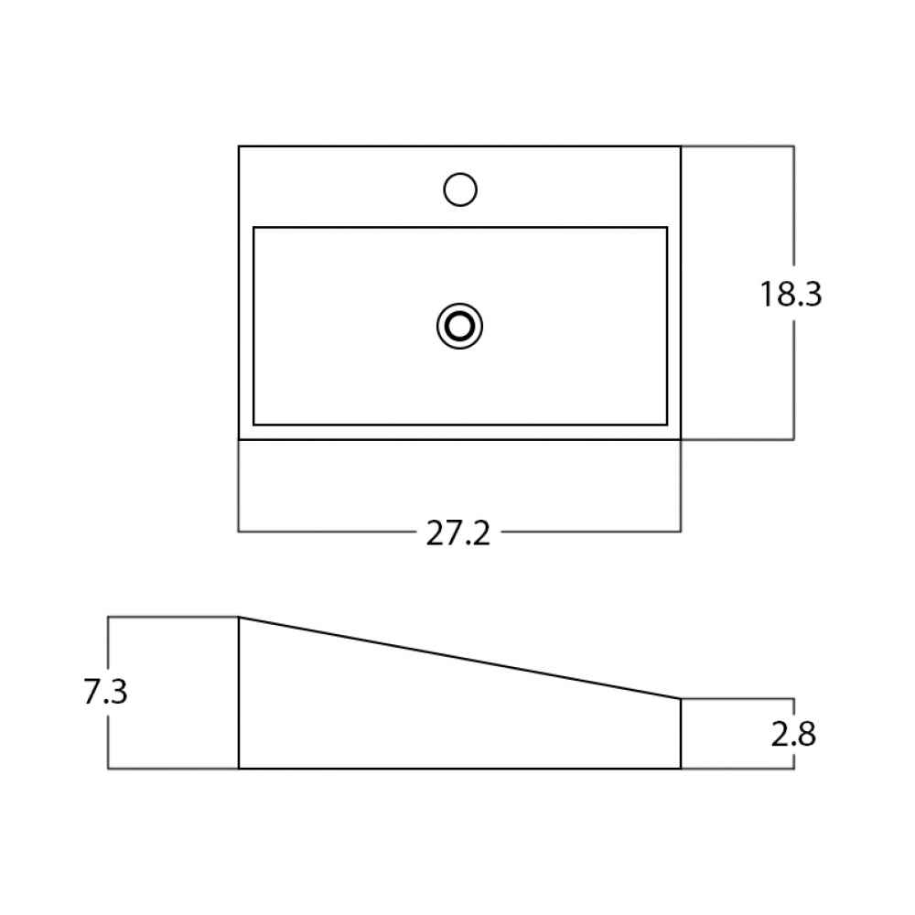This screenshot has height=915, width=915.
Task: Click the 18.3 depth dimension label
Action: click(791, 294)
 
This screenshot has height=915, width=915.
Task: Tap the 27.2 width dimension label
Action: click(458, 533)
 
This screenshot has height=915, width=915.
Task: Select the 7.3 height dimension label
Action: click(105, 692)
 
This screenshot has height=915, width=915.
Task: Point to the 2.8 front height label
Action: click(793, 734)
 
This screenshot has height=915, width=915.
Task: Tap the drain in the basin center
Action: click(460, 327)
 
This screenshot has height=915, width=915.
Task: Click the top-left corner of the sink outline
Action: click(239, 145)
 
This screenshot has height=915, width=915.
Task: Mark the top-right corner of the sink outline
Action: click(681, 145)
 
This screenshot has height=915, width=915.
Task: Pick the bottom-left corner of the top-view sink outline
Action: click(239, 439)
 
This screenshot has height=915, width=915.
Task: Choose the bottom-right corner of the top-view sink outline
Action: click(681, 439)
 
